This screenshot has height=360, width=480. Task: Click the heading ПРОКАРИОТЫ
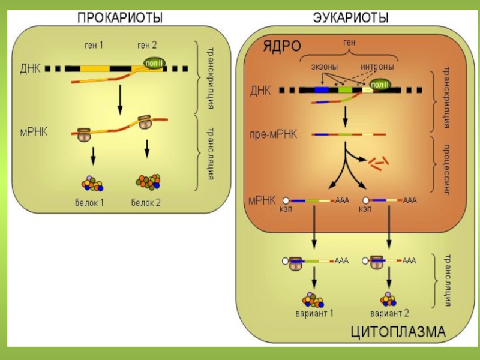pyautogui.click(x=120, y=19)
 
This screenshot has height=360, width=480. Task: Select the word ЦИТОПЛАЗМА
pyautogui.click(x=398, y=331)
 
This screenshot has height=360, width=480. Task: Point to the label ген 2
pyautogui.click(x=148, y=44)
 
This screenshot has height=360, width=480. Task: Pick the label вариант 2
pyautogui.click(x=389, y=314)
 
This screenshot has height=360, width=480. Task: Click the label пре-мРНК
pyautogui.click(x=273, y=134)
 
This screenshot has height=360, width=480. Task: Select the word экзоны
pyautogui.click(x=324, y=67)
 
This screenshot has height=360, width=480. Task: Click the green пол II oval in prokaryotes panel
pyautogui.click(x=154, y=62)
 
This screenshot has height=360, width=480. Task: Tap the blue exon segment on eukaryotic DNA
pyautogui.click(x=322, y=89)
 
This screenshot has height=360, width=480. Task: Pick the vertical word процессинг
pyautogui.click(x=446, y=167)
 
